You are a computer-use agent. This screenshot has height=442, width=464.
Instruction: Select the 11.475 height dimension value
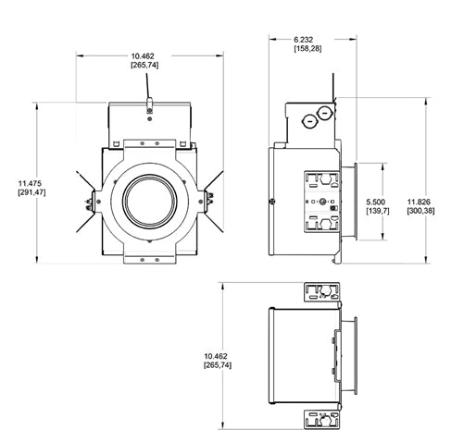(21, 185)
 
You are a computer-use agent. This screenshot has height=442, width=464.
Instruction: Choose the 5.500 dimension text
(377, 205)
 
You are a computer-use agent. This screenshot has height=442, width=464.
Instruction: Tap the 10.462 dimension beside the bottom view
(217, 361)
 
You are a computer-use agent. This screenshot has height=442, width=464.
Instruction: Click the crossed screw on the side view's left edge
(270, 200)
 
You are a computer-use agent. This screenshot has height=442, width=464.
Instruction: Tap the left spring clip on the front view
(90, 202)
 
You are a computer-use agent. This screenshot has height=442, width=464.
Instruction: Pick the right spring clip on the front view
(208, 197)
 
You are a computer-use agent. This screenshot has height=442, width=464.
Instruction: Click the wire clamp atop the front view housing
(149, 112)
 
